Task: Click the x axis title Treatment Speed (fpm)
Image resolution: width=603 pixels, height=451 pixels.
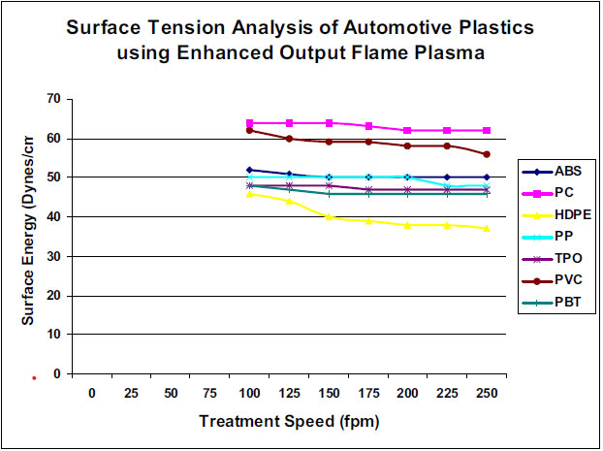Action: (x=289, y=422)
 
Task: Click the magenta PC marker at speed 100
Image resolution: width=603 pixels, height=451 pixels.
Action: (x=250, y=123)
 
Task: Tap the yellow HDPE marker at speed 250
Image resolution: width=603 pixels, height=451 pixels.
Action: (x=486, y=228)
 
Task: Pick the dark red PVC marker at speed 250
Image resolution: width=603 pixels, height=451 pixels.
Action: (x=486, y=154)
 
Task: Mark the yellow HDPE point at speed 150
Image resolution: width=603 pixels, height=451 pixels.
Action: (x=329, y=217)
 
